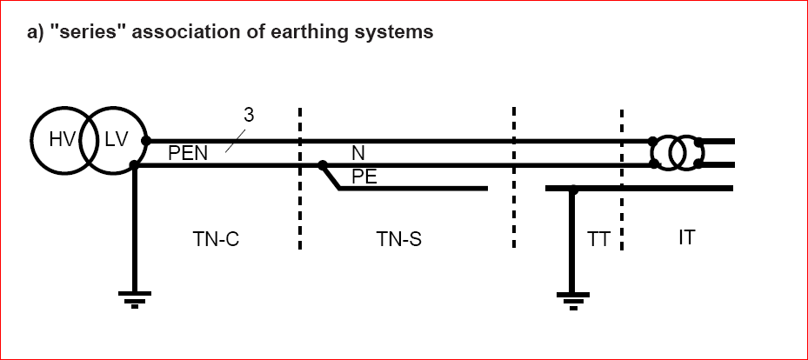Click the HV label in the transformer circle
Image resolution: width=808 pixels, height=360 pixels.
tap(63, 141)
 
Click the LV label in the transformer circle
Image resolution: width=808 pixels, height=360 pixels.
tap(116, 141)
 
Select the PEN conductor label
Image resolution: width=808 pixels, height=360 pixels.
tap(188, 154)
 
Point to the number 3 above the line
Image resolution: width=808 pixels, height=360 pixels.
tap(249, 114)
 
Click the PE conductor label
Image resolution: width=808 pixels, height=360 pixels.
tap(364, 177)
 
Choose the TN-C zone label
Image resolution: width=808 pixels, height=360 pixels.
tap(216, 238)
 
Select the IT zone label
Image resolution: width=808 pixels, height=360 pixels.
tap(687, 237)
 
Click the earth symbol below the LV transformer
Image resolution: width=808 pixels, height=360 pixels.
tap(134, 299)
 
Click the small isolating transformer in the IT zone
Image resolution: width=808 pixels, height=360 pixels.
tap(676, 152)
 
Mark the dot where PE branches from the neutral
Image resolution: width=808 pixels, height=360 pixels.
tap(322, 164)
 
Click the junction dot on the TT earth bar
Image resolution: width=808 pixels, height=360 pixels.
tap(572, 188)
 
